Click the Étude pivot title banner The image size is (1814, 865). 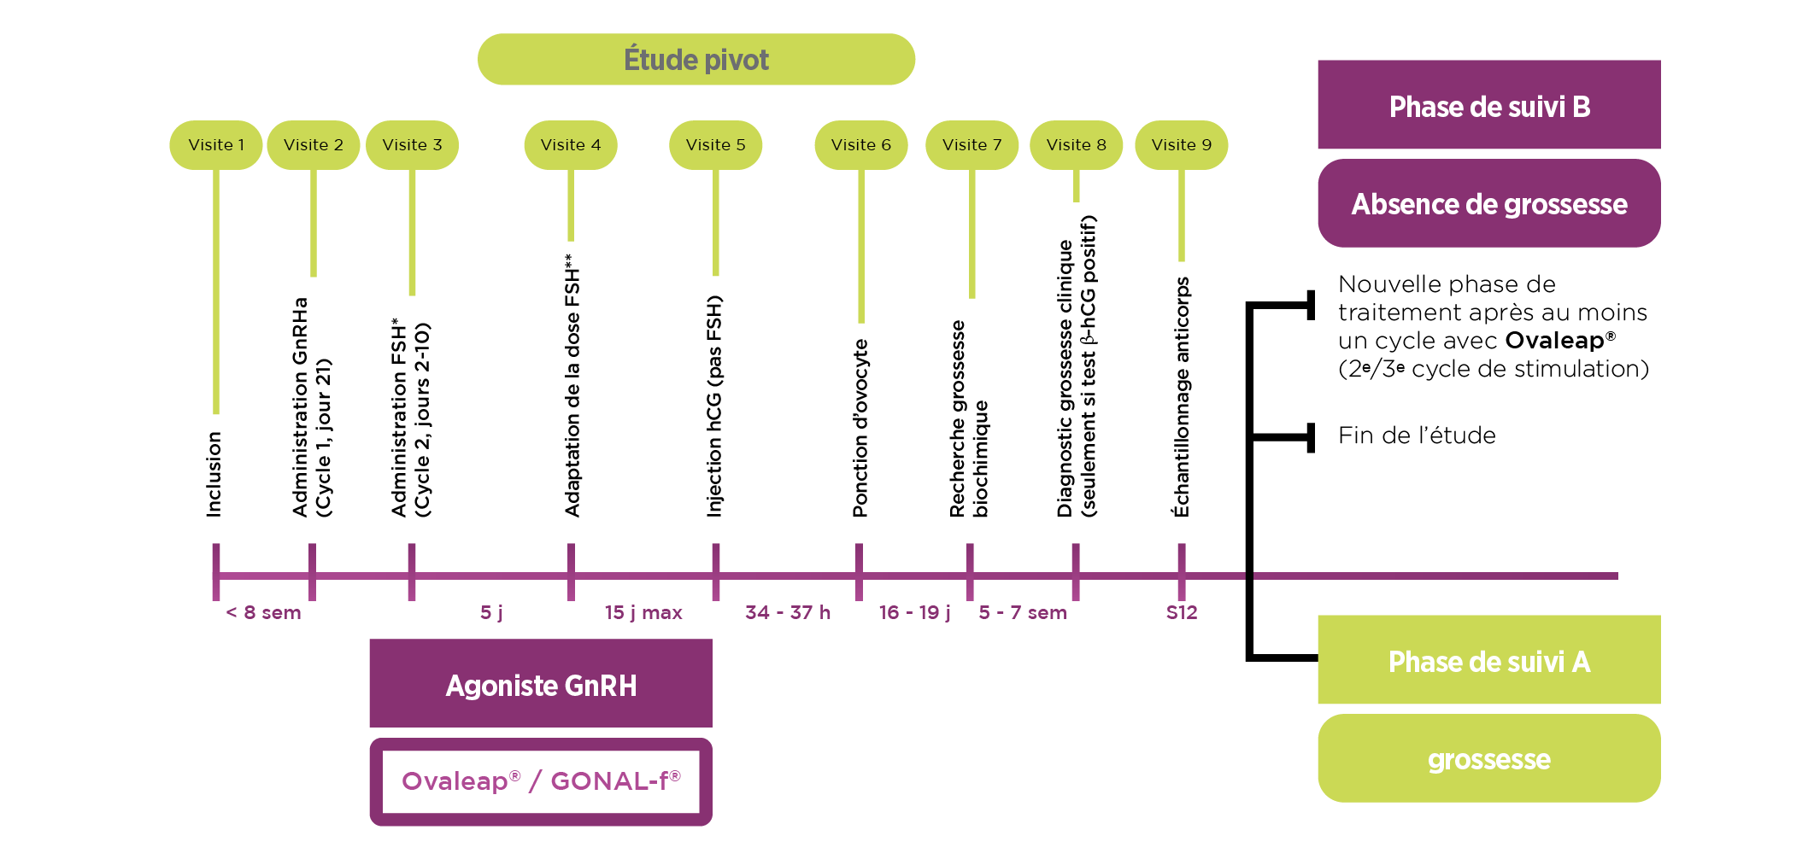(x=696, y=60)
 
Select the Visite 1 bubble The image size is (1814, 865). (x=216, y=145)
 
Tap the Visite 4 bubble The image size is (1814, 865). (x=570, y=145)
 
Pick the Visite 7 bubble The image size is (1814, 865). (x=972, y=145)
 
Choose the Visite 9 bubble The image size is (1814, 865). (x=1181, y=145)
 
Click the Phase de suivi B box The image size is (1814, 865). (x=1488, y=106)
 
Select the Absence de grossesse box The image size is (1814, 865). (x=1488, y=204)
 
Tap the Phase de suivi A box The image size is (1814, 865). (x=1488, y=661)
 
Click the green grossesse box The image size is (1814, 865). (x=1488, y=759)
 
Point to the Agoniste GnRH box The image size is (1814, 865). (x=541, y=685)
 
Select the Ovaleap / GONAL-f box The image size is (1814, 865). (x=541, y=781)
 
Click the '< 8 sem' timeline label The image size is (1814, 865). (x=263, y=613)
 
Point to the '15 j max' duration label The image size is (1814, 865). (x=643, y=613)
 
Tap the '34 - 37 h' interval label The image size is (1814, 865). (x=787, y=613)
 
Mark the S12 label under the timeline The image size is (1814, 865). (x=1182, y=613)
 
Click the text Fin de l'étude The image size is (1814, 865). (x=1417, y=436)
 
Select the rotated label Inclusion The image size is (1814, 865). (x=214, y=474)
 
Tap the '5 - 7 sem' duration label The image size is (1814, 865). (x=1023, y=613)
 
